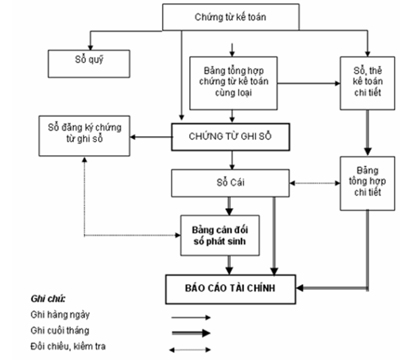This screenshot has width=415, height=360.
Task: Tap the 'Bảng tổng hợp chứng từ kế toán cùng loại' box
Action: tap(234, 80)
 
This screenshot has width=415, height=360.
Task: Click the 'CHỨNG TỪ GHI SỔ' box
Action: tap(230, 135)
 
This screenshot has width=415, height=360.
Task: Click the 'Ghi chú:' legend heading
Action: tap(48, 298)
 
